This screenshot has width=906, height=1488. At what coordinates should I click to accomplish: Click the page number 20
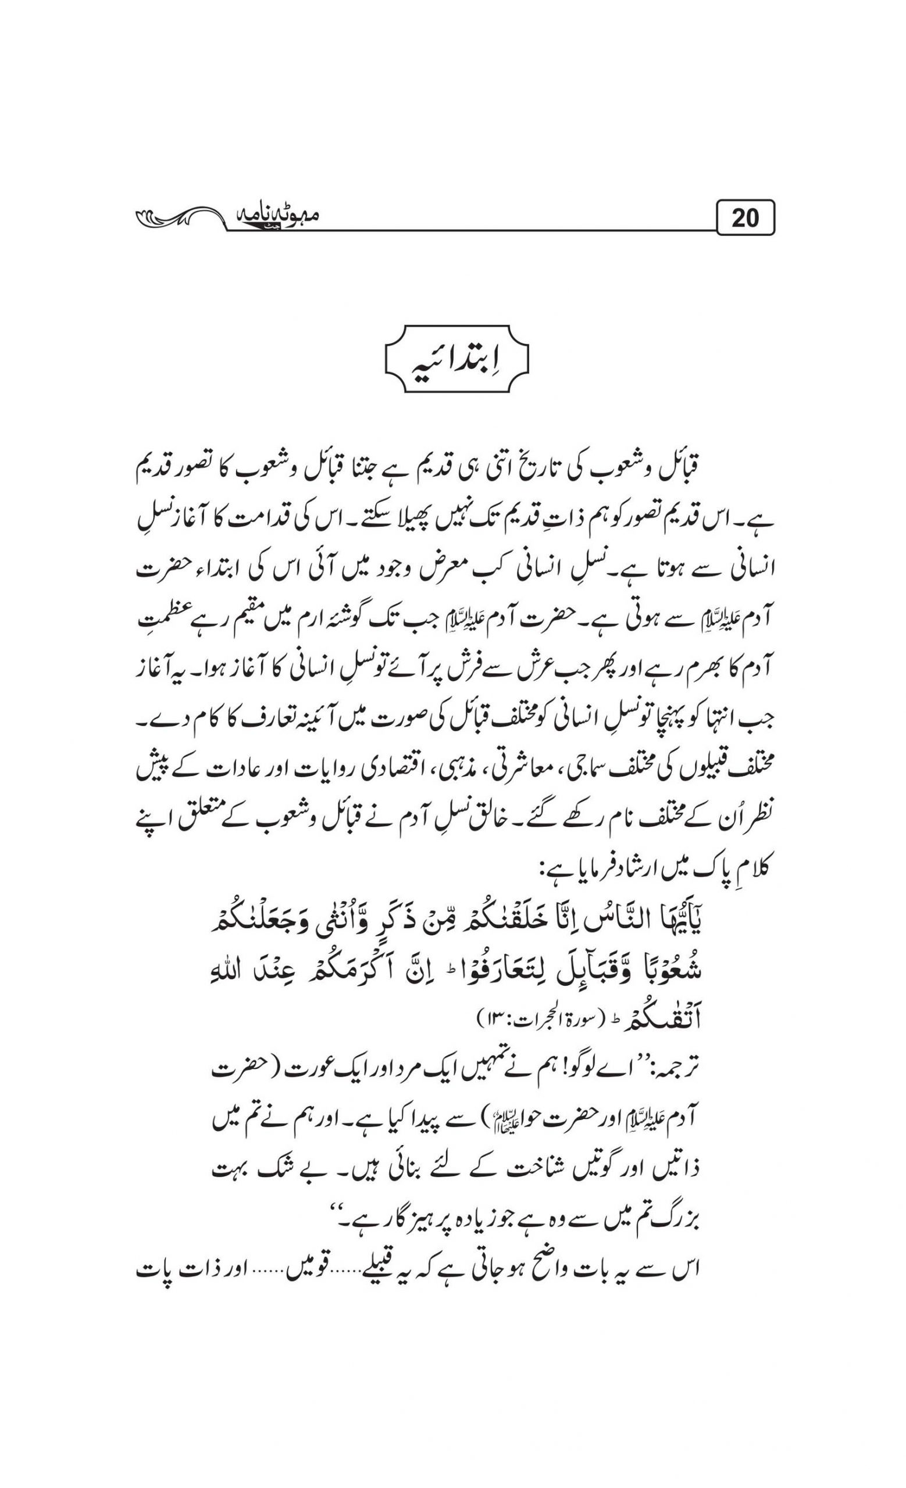tap(744, 217)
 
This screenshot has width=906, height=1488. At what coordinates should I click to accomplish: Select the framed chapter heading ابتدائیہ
tap(456, 361)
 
